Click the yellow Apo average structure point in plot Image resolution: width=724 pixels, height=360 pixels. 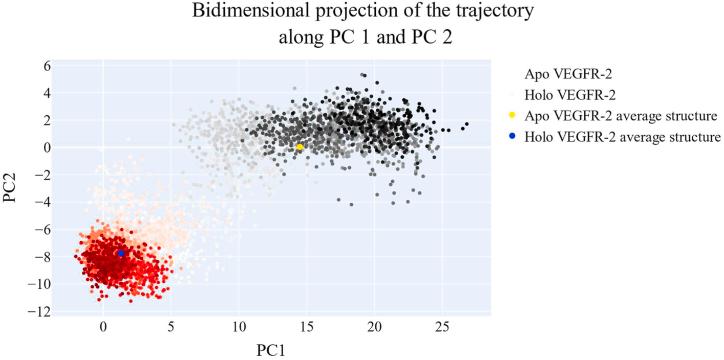coord(299,147)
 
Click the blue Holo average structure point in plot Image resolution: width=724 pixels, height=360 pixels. coord(121,253)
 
